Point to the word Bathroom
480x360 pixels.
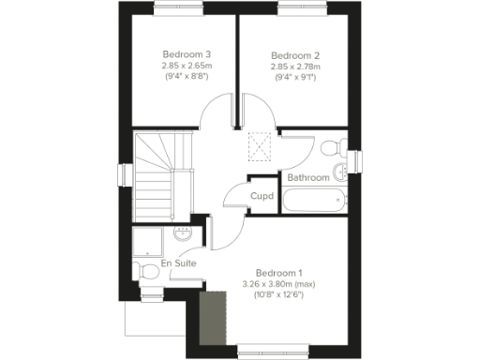pos(308,176)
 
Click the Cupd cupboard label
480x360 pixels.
pos(262,196)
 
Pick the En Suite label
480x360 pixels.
pos(178,264)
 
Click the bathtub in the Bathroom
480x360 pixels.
pos(315,200)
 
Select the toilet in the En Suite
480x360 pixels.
pos(147,270)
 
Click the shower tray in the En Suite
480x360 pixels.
pos(152,242)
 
